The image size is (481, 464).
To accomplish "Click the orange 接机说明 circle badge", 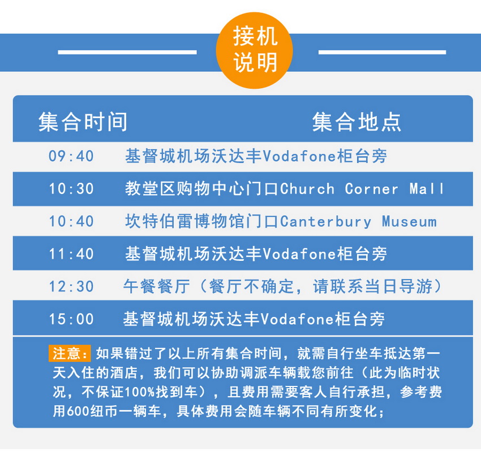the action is [254, 50].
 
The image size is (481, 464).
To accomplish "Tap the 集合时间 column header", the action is [83, 122].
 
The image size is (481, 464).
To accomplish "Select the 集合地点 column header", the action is [357, 122].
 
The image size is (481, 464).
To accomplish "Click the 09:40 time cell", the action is [71, 156].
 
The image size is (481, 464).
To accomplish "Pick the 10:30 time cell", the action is [71, 188].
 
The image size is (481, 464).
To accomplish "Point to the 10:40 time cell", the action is [71, 221].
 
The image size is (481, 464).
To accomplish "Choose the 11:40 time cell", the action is [71, 254].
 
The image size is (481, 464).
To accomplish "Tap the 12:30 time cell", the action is [71, 287].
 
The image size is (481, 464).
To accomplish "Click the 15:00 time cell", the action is [71, 319].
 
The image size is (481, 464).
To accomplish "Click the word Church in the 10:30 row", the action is [307, 189].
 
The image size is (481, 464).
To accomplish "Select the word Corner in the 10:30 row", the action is [371, 189].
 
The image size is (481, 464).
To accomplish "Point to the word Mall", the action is [427, 189].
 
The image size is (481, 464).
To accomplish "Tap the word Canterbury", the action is [325, 222].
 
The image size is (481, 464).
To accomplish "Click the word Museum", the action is [409, 222].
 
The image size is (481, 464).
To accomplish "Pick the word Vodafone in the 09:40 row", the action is [300, 156].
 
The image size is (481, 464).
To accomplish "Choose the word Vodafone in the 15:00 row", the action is [298, 319].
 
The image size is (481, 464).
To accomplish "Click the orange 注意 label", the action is [70, 353].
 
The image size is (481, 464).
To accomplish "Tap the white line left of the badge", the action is [127, 53].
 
